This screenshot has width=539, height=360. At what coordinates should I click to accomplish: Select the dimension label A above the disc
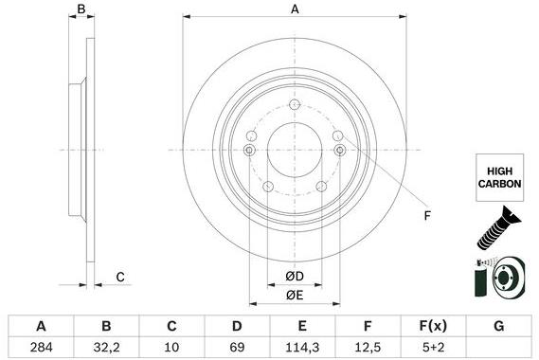pos(295,9)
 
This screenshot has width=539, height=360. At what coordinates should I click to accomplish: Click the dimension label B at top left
pos(81,9)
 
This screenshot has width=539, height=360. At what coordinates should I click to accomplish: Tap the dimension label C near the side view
pos(120,277)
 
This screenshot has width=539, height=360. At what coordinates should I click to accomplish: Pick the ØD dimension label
pos(295,277)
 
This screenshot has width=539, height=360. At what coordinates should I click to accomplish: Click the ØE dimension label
pos(295,296)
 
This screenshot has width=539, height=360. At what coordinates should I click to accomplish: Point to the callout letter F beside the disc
pos(426,216)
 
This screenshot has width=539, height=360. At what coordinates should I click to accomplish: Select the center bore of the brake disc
pos(295,149)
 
